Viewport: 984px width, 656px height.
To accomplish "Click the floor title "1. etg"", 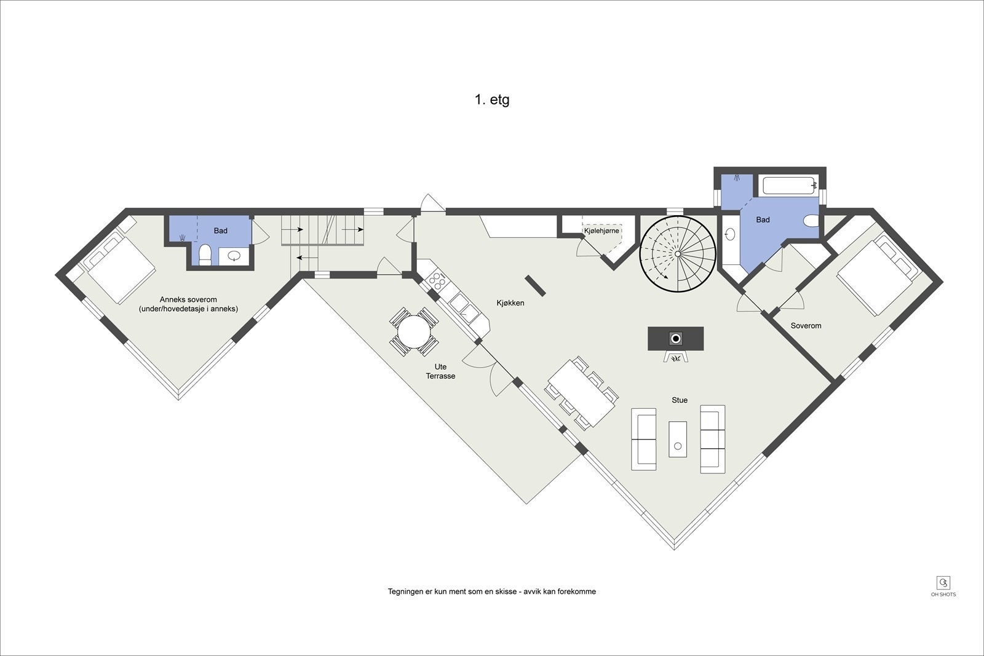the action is (492, 100).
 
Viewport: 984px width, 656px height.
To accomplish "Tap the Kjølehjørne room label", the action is (601, 231).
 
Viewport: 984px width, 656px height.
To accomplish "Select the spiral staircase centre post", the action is (677, 255).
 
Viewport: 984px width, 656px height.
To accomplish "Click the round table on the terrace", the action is (414, 332).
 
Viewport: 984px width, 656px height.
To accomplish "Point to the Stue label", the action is (680, 400).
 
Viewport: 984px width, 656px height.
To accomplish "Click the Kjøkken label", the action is (510, 303).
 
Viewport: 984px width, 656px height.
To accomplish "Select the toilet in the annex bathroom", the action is (205, 255).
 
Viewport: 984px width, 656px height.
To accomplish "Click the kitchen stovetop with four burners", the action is (437, 281).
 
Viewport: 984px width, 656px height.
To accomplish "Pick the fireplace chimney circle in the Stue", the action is (676, 339).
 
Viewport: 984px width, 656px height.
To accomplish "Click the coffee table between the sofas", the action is (678, 439).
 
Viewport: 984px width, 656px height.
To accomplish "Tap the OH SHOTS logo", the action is (943, 587).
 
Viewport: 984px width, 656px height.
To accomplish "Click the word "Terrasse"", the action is (440, 376).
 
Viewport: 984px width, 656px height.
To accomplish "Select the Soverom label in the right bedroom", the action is (806, 326).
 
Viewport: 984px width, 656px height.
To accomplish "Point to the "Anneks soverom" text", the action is (188, 299).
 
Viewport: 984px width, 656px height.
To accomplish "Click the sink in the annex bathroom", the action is (234, 256).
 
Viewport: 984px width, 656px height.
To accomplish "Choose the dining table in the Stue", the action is (582, 392).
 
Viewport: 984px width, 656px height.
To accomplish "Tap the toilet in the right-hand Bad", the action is (811, 221).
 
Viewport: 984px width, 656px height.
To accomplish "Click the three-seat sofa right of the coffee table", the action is (713, 439).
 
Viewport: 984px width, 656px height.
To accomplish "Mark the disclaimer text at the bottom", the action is (491, 591).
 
